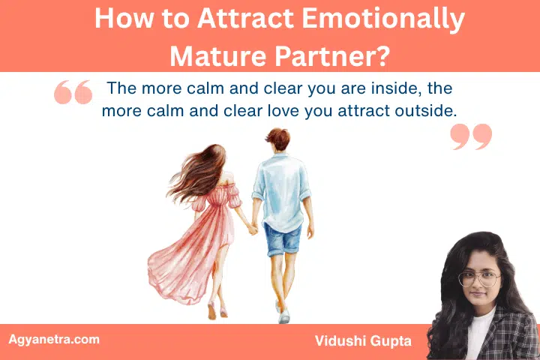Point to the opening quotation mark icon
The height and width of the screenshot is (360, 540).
pyautogui.click(x=73, y=92)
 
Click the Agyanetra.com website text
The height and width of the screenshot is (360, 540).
pyautogui.click(x=53, y=339)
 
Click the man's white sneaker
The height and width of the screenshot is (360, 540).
pyautogui.click(x=283, y=315)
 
